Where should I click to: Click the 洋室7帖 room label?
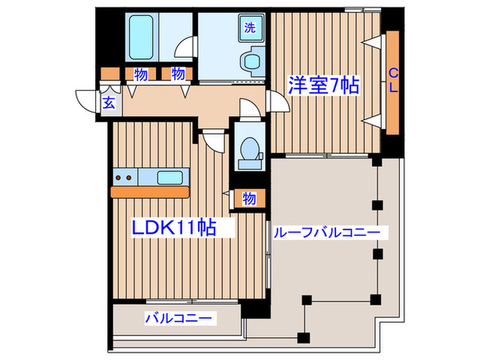[323, 86]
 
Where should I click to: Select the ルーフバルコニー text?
[326, 233]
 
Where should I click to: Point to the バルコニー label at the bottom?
[180, 318]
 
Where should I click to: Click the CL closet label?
[394, 82]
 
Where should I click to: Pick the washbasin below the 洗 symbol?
[251, 62]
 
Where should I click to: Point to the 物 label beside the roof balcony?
[249, 199]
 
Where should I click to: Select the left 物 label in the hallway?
[141, 73]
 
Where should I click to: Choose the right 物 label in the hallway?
[178, 73]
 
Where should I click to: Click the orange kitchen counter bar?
[149, 193]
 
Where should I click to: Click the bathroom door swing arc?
[184, 48]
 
